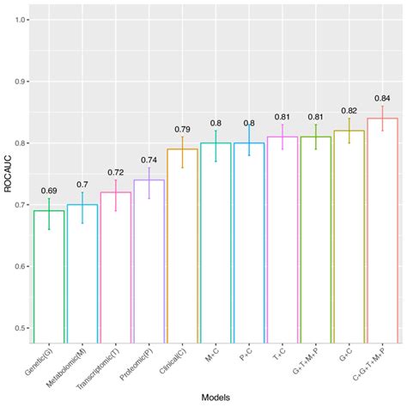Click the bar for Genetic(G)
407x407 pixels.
pos(48,275)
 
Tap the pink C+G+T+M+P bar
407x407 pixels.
pos(381,232)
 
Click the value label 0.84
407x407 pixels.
pos(381,98)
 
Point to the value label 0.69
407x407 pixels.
pos(48,190)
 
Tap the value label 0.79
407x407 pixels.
pos(181,129)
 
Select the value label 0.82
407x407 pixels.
pos(348,111)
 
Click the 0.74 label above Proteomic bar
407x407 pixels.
pos(148,160)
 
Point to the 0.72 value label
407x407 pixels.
pos(115,173)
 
